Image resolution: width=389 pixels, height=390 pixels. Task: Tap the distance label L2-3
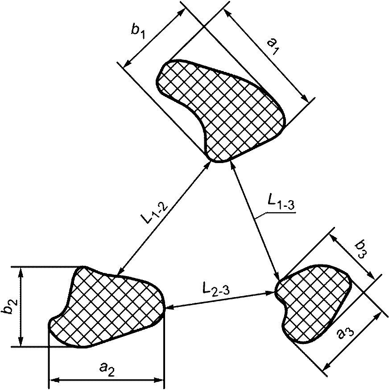pyautogui.click(x=216, y=289)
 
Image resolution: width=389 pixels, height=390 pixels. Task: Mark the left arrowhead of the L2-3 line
pyautogui.click(x=169, y=308)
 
